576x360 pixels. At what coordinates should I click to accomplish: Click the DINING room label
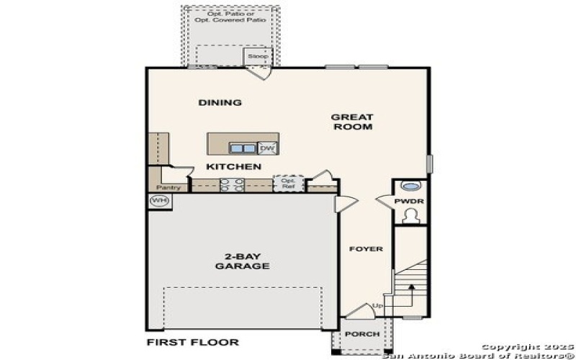pos(220,103)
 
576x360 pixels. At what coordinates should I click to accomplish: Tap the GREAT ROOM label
pos(352,122)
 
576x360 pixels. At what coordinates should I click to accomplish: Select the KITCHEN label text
pos(233,167)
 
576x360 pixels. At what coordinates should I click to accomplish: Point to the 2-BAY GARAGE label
pos(242,261)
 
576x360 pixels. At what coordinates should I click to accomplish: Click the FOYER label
pos(366,249)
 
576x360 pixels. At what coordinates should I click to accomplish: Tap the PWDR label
pos(409,202)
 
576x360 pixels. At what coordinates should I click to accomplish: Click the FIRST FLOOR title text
pos(192,342)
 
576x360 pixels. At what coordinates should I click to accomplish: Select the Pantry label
pos(168,188)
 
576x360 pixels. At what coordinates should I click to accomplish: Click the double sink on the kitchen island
pos(243,148)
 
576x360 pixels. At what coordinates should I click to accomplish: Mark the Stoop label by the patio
pos(257,55)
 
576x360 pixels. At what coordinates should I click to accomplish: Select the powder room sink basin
pos(409,185)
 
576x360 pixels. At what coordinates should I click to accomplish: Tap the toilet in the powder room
pos(410,215)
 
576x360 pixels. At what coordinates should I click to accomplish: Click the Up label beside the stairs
pos(377,308)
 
